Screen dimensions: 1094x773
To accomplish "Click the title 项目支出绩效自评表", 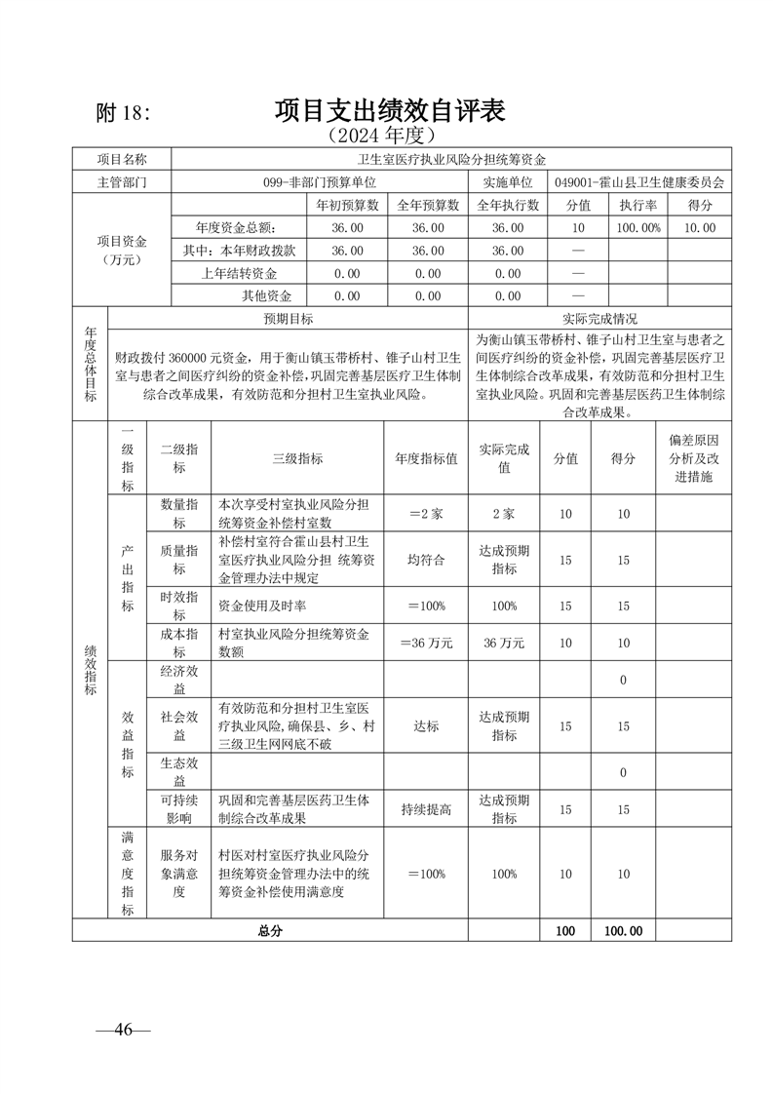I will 389,109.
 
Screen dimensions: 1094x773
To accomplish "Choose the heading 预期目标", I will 289,319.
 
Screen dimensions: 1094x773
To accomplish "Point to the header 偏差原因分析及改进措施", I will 693,457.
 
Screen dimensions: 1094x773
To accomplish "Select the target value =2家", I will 426,513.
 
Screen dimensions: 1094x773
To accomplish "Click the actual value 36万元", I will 504,643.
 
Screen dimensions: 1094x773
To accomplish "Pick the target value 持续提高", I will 426,809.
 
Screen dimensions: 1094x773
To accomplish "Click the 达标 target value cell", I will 426,726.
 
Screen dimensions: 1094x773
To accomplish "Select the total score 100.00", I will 623,931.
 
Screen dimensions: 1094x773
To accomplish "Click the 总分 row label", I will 270,931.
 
